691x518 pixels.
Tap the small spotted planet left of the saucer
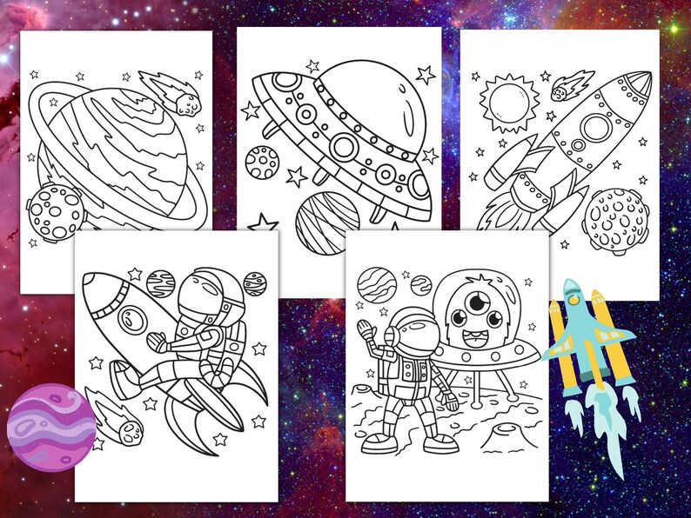(x=261, y=162)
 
